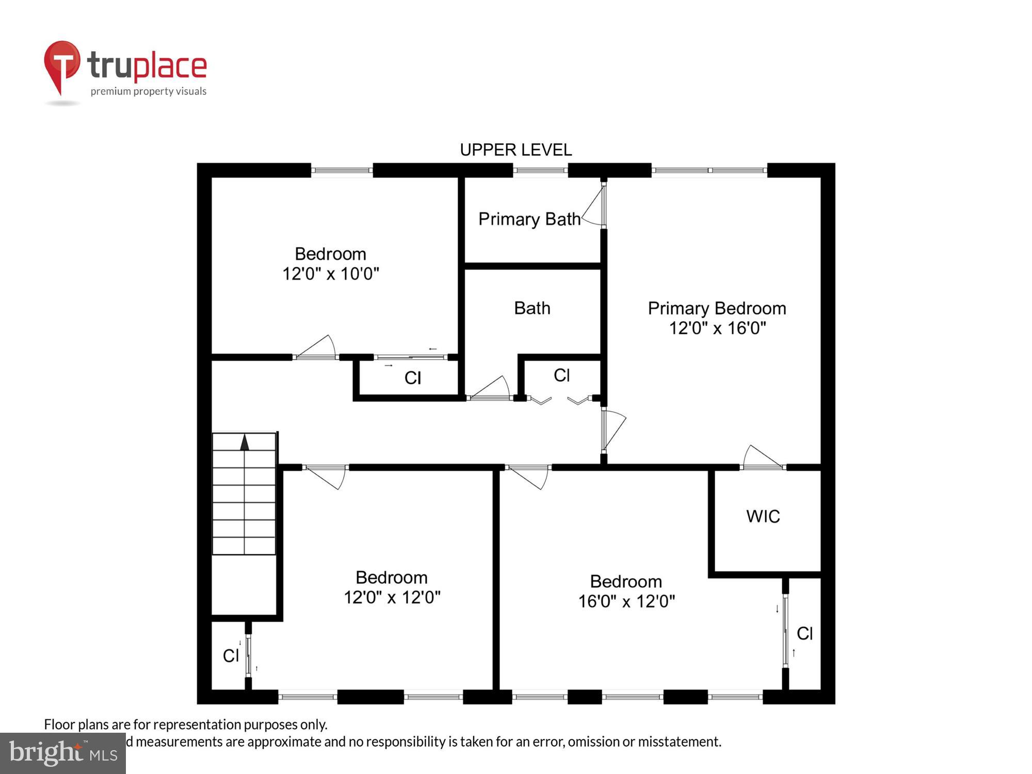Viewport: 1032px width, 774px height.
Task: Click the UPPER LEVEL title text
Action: point(515,150)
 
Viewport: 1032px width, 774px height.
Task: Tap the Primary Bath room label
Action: point(529,219)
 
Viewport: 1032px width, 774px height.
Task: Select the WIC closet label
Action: point(763,516)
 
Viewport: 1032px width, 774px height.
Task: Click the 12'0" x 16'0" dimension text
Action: point(717,328)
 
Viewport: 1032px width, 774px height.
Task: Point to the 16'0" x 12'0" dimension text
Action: point(626,601)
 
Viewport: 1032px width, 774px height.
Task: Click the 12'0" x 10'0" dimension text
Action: point(330,273)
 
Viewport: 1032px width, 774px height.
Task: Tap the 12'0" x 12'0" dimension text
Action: point(392,597)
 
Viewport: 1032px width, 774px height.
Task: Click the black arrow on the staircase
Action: point(245,442)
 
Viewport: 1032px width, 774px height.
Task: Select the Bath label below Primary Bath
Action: point(532,308)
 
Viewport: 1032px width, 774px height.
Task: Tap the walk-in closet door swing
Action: point(763,457)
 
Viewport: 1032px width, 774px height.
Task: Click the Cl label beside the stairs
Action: point(231,655)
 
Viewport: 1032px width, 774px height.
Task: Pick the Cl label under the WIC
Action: point(804,633)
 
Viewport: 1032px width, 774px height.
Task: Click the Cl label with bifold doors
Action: point(561,375)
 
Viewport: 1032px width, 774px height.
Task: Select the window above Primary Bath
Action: point(540,170)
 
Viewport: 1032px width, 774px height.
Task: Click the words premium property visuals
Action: point(149,91)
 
